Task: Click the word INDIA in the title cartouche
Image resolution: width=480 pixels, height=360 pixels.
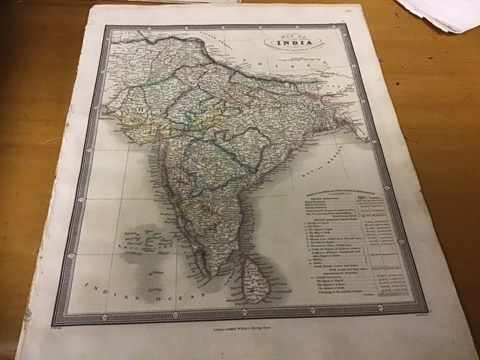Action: click(x=290, y=43)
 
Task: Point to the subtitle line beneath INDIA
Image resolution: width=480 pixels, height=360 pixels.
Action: click(x=290, y=50)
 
